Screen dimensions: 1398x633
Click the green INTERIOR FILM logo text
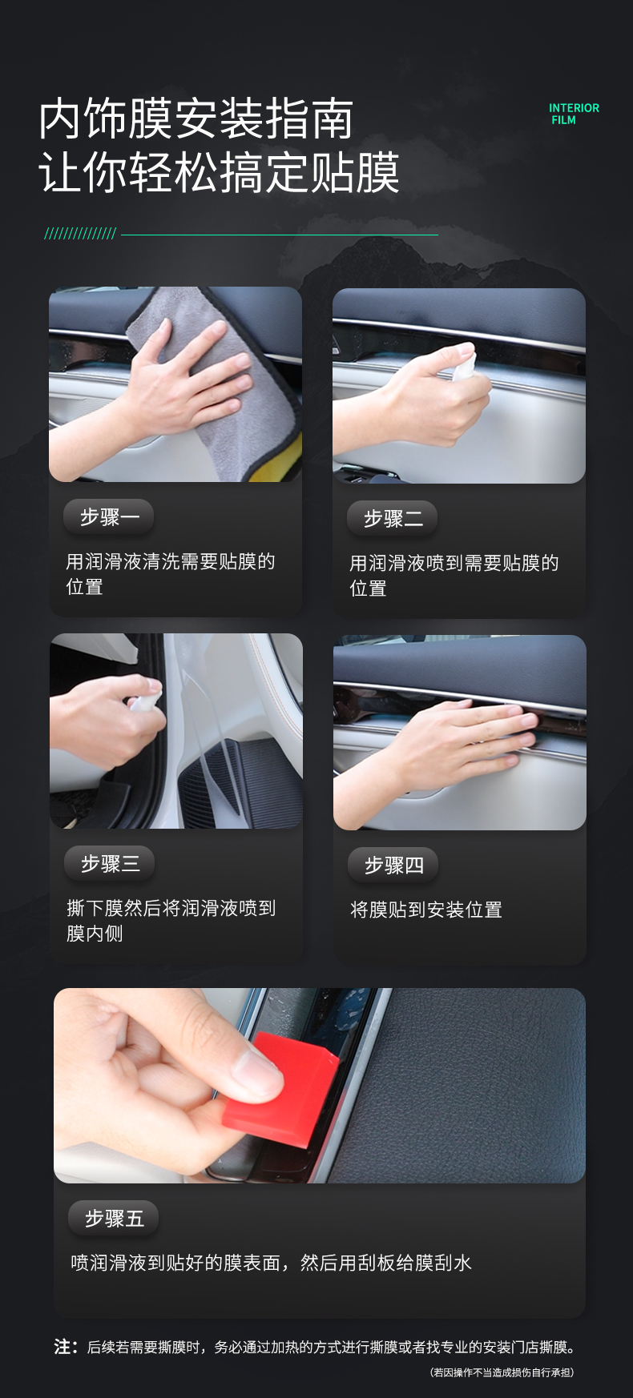coord(574,114)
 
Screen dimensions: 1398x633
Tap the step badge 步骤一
coord(109,517)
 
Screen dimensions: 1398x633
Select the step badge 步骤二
coord(393,519)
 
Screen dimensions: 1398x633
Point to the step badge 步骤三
coord(110,864)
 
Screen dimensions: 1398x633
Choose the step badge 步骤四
coord(393,866)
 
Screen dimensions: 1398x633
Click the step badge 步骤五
coord(114,1219)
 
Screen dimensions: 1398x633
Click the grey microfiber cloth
coord(200,352)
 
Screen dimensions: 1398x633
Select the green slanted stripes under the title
coord(80,234)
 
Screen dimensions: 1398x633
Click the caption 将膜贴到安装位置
coord(426,910)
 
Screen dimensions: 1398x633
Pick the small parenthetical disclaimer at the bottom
coord(502,1372)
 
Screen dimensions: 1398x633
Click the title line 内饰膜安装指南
coord(196,119)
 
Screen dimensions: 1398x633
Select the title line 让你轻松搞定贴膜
coord(219,172)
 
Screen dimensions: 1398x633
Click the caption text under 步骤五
coord(271,1263)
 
